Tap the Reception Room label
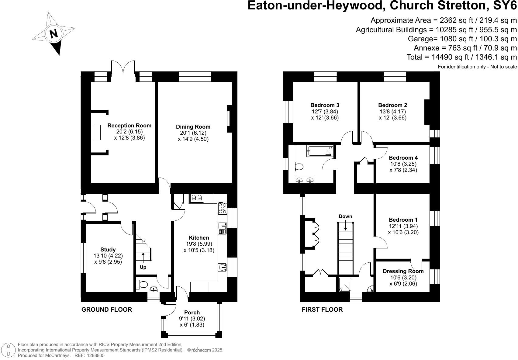tap(129, 126)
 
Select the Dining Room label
tap(193, 127)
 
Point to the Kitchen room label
tap(199, 238)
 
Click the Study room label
tap(108, 250)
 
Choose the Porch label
tap(192, 313)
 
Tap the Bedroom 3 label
tap(325, 105)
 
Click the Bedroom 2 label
tap(392, 105)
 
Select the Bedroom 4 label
tap(403, 158)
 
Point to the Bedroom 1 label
tap(403, 220)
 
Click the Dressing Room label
tap(403, 271)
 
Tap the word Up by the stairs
tap(143, 267)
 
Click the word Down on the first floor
tap(345, 216)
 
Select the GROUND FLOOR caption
tap(107, 310)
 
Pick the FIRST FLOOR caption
tap(322, 310)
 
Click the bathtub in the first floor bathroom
tap(320, 151)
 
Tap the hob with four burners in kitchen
tap(222, 209)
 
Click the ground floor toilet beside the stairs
tap(142, 285)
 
